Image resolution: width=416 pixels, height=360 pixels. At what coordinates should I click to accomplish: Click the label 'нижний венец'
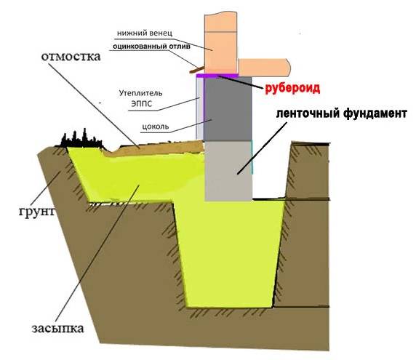coord(145,33)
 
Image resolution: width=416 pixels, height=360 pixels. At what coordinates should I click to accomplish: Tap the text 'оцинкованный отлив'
coord(151,47)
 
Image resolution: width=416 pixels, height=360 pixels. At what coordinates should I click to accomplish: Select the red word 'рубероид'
coord(292,88)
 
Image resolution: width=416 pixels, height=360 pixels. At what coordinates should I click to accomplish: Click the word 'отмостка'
coord(71,57)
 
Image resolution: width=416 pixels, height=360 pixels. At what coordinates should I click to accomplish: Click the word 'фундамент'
coord(375,113)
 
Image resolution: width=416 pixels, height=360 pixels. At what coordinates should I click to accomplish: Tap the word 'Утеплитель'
coord(140,93)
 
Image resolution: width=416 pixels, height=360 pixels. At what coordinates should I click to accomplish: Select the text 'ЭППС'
coord(142,104)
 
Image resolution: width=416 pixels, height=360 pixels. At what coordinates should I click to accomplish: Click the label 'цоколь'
coord(156,127)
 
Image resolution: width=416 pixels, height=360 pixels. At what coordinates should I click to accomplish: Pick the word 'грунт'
coord(37,212)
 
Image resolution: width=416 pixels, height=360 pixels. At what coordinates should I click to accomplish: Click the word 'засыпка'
coord(58,329)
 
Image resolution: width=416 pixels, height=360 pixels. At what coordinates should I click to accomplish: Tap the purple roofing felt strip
coord(217,76)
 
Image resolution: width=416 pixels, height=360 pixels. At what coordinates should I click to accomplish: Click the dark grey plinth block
coord(228,109)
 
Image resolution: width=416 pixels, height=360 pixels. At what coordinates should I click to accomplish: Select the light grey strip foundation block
coord(228,171)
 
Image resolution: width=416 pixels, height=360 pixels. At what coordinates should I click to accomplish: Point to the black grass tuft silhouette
coord(81,140)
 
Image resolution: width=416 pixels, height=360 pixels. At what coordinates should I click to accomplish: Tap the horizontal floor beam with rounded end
coord(265,66)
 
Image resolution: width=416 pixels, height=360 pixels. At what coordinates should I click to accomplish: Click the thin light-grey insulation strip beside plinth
coord(199,108)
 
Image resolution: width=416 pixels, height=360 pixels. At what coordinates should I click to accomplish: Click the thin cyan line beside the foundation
coord(252,157)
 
